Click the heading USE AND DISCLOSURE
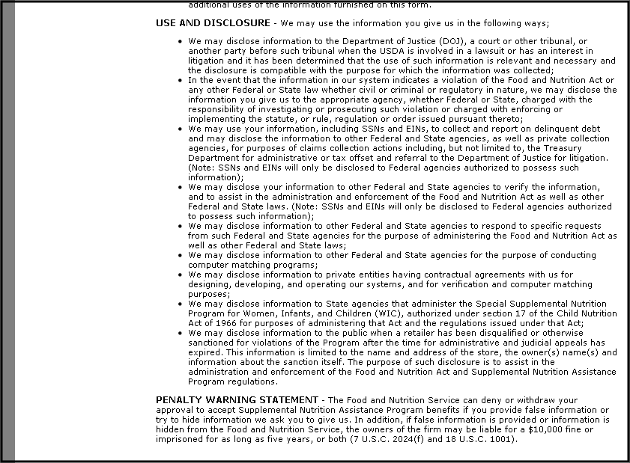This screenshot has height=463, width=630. pyautogui.click(x=212, y=23)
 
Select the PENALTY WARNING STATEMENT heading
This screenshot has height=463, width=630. pyautogui.click(x=237, y=400)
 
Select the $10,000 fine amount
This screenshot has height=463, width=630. pyautogui.click(x=540, y=429)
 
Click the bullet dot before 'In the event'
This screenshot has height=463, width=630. pyautogui.click(x=181, y=80)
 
